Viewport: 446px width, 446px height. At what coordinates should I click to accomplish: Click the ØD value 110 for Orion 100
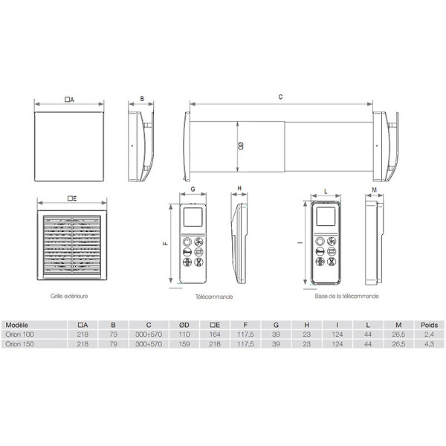(x=184, y=334)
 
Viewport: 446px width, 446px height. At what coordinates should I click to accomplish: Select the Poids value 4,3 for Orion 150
(x=429, y=344)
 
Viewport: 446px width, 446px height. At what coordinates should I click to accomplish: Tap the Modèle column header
(x=17, y=325)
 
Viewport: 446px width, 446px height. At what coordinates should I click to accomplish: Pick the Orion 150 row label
(x=19, y=344)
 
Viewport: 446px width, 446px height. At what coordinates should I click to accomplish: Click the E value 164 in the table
(x=215, y=334)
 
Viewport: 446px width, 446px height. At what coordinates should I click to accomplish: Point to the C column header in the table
(x=149, y=325)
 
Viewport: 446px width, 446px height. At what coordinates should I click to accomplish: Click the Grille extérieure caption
(x=69, y=296)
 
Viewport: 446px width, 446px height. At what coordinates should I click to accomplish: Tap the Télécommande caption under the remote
(x=214, y=297)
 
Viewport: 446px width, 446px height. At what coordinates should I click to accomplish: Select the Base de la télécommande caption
(x=346, y=296)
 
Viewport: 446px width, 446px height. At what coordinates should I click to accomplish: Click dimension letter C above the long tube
(x=280, y=97)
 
